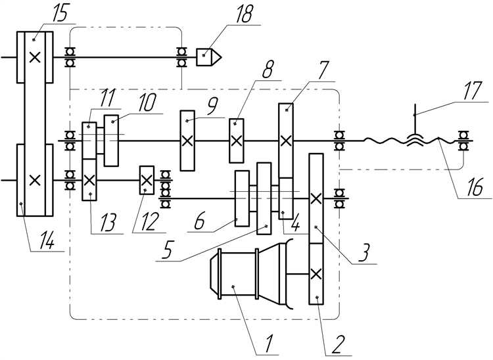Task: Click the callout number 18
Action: tap(243, 14)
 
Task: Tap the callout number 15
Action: tap(60, 14)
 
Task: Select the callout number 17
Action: tap(473, 91)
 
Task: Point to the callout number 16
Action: tap(475, 187)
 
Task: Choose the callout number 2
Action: tap(337, 344)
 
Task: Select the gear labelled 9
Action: tap(187, 141)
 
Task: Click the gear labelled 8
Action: tap(236, 141)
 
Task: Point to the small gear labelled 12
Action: tap(147, 180)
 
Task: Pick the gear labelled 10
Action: tap(111, 141)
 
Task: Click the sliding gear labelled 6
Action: tap(242, 198)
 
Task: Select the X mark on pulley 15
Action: tap(35, 57)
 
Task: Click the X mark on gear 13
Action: tap(89, 180)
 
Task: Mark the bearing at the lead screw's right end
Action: tap(463, 141)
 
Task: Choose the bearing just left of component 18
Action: tap(181, 57)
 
